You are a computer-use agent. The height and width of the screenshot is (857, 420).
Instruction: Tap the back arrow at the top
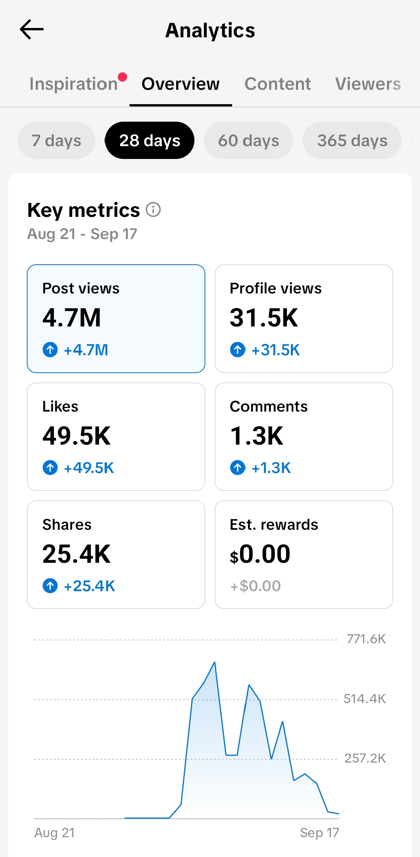coord(31,30)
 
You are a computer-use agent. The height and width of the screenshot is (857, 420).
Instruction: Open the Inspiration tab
coord(73,84)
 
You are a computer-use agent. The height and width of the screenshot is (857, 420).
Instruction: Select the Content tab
coord(278,84)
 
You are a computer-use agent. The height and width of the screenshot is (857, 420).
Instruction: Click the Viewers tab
coord(368,84)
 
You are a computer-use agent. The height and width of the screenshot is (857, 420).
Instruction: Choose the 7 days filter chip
coord(56,140)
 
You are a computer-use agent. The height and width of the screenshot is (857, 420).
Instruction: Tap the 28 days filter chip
coord(150,140)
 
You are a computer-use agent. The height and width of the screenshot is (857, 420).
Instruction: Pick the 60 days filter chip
coord(248,140)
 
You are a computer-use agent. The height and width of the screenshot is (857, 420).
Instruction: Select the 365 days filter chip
coord(352,140)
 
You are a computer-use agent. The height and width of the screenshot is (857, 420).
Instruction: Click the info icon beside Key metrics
coord(153,209)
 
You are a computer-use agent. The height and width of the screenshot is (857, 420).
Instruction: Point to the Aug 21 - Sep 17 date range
coord(82,234)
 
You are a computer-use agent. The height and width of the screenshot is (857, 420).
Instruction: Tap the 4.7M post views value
coord(72,318)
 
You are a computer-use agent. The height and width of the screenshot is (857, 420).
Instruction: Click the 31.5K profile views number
coord(264,318)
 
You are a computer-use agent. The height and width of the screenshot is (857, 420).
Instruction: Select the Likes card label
coord(60,407)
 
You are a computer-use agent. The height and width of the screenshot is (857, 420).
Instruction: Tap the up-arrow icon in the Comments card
coord(238,468)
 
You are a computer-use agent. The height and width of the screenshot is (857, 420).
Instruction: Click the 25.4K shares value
coord(77,554)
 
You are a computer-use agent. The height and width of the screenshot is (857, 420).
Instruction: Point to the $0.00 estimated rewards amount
coord(260,554)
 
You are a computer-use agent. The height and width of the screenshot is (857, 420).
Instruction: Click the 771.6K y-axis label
coord(366,639)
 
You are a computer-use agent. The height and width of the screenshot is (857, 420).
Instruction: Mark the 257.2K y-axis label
coord(365,758)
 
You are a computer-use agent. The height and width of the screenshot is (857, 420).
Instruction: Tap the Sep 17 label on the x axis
coord(320,833)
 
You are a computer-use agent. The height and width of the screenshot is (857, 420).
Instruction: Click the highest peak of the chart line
coord(215,662)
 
